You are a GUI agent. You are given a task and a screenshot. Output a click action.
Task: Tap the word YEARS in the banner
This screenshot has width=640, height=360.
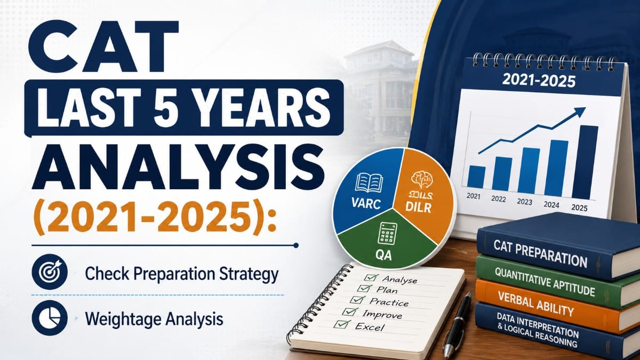(x=265, y=107)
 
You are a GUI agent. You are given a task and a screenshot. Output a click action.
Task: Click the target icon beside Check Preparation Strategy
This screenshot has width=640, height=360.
(x=50, y=271)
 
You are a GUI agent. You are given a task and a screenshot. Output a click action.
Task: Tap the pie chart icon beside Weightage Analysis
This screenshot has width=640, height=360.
(x=50, y=318)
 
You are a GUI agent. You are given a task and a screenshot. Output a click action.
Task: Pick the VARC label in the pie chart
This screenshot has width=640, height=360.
(x=366, y=204)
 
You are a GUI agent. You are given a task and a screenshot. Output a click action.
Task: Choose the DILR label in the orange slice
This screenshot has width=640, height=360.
(x=419, y=207)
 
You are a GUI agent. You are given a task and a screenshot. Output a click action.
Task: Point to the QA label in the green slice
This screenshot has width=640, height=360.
(x=383, y=255)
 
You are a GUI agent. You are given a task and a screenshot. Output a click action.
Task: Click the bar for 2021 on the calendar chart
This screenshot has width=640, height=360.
(x=476, y=177)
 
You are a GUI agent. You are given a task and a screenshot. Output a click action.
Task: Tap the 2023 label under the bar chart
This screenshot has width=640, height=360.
(x=525, y=202)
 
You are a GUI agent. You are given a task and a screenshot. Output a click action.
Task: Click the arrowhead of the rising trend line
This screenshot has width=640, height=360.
(x=580, y=111)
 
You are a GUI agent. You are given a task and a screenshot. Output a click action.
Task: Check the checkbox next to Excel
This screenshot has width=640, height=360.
(x=342, y=324)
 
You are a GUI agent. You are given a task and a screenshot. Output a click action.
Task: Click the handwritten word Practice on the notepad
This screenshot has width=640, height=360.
(x=389, y=302)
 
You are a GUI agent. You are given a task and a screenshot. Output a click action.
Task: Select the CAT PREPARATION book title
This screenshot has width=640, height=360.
(x=540, y=253)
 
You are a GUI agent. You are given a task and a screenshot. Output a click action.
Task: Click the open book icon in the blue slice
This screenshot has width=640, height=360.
(x=369, y=183)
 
